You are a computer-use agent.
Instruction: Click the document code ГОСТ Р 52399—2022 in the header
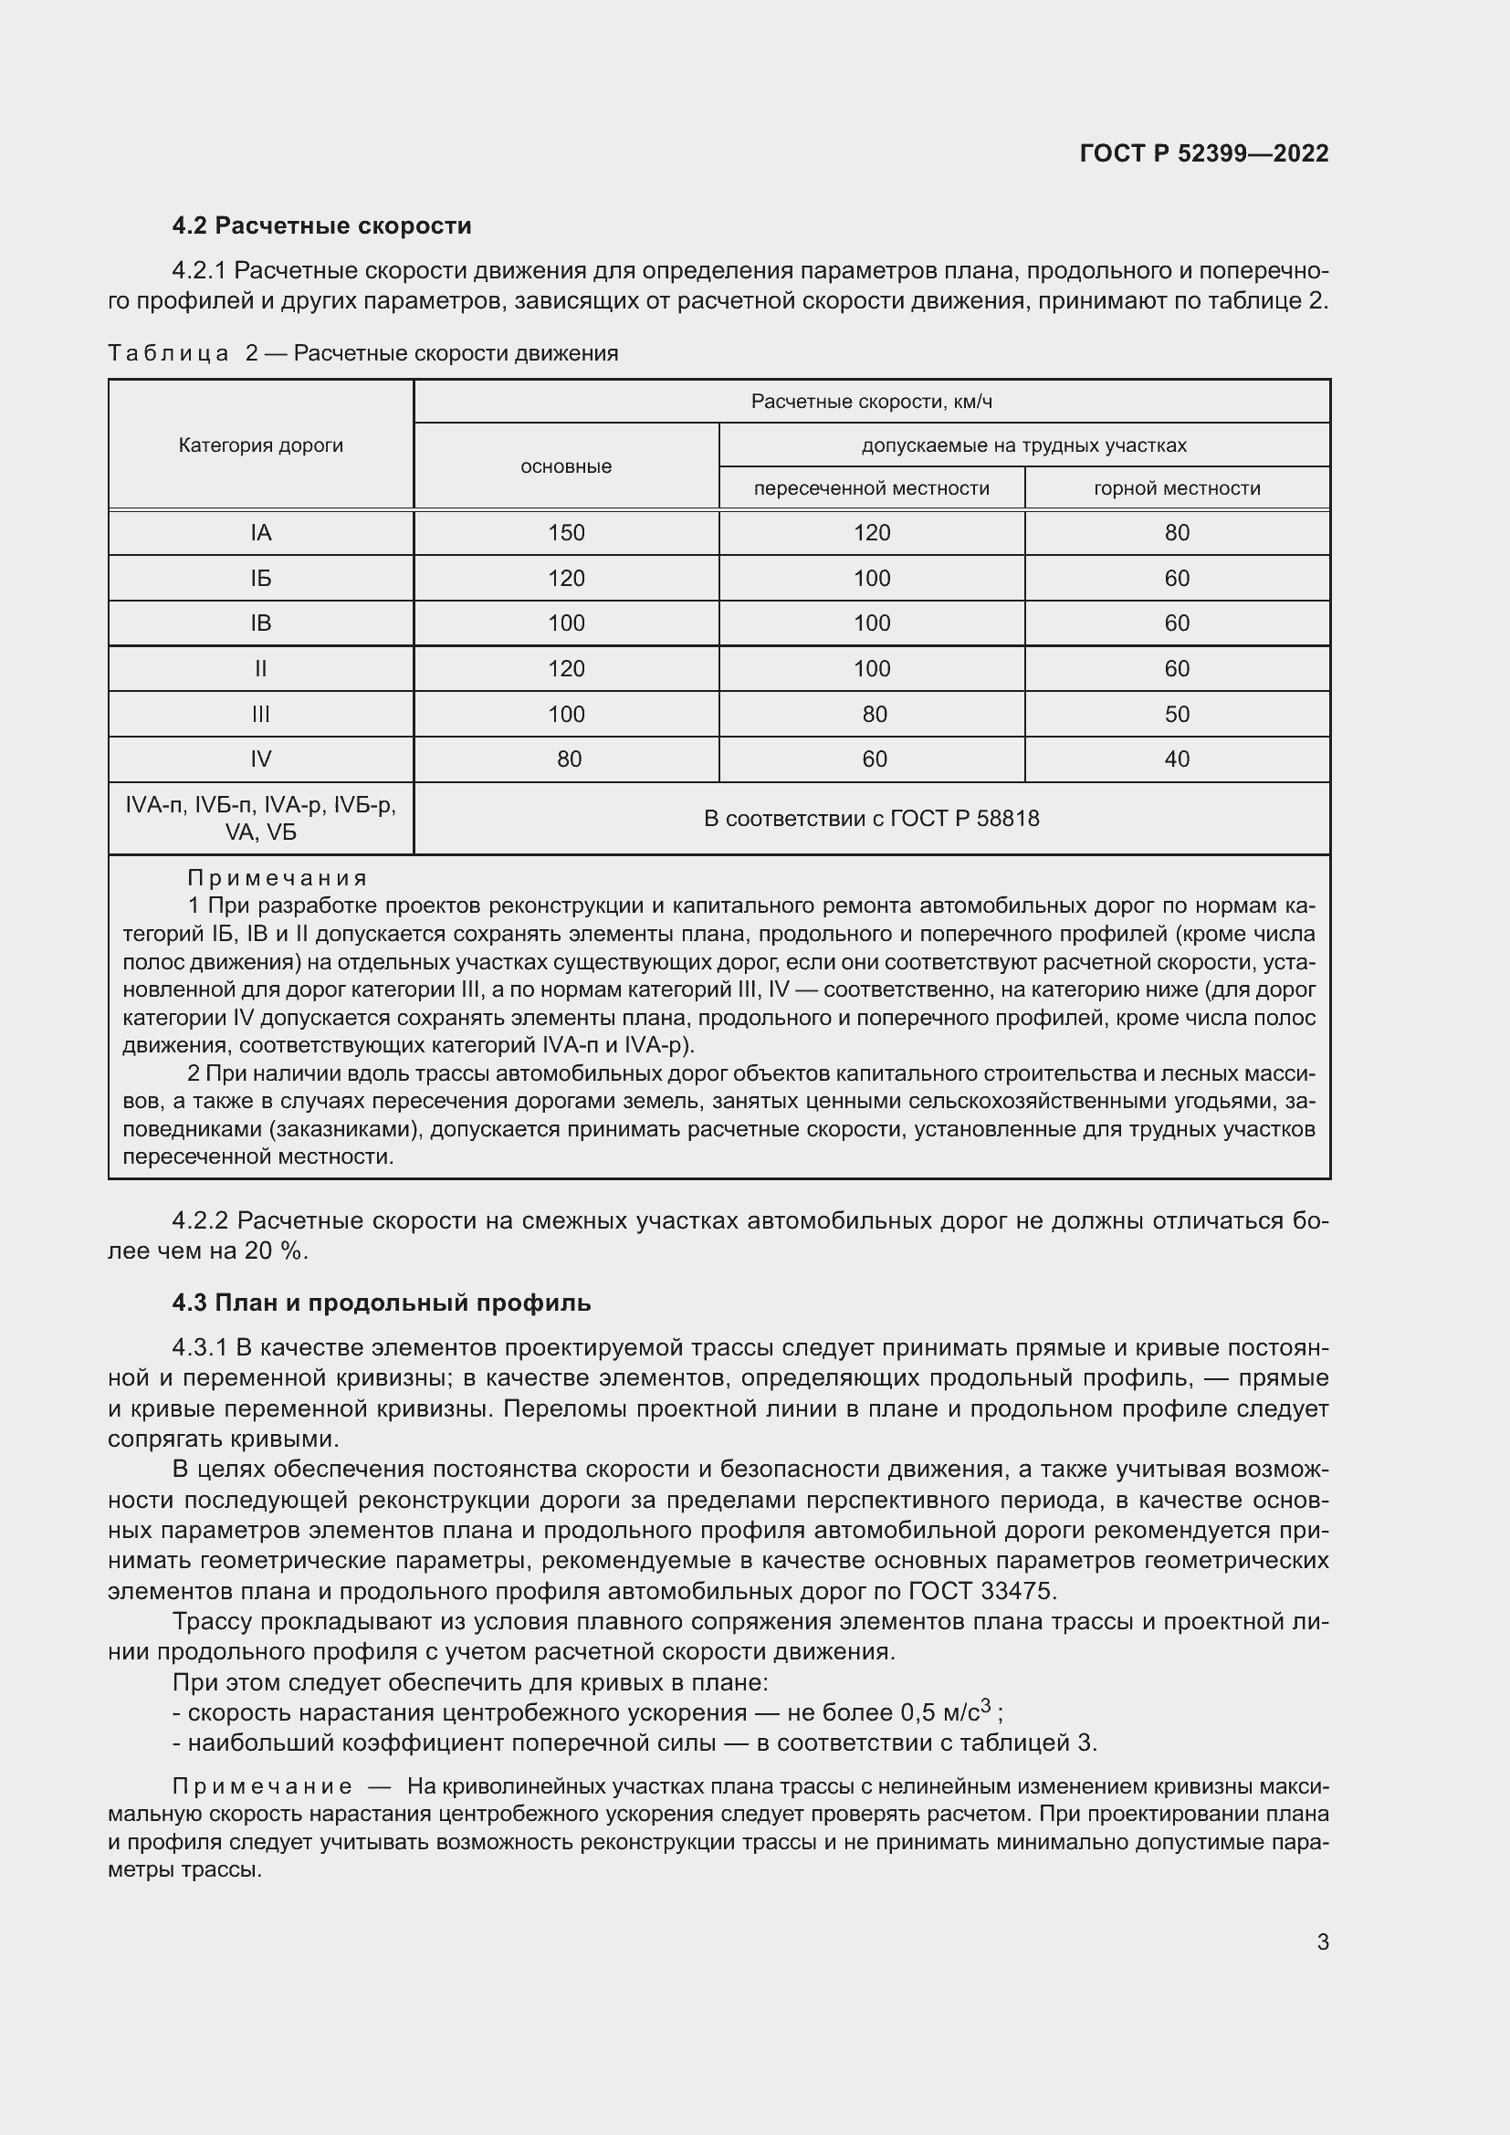1204,153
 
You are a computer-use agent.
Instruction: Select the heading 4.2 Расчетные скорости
321,226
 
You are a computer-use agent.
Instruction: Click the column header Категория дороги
260,445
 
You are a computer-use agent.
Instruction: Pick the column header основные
565,466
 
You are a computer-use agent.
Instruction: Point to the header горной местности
1176,488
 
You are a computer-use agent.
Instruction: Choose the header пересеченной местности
871,488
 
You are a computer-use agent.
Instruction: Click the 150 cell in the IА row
565,533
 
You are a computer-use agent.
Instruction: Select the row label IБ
260,579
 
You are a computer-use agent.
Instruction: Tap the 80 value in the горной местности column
1176,533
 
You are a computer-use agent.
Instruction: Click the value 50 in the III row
1176,714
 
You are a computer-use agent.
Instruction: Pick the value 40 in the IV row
1176,759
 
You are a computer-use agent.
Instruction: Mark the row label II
260,668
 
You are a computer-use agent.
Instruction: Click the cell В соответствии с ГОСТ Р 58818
871,818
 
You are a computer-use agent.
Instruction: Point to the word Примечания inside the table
278,878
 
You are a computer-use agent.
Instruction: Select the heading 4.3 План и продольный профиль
382,1303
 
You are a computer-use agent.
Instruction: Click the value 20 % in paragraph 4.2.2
274,1251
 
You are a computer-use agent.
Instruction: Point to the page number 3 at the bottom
1322,1942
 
